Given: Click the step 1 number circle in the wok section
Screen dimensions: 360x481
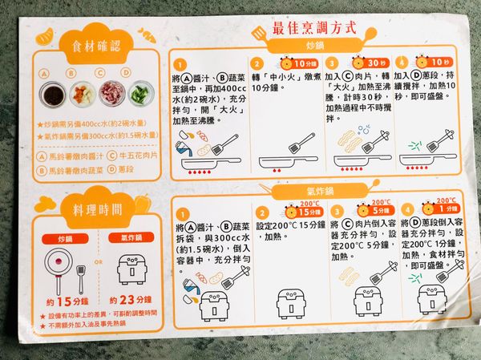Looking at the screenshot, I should click(x=183, y=64).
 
